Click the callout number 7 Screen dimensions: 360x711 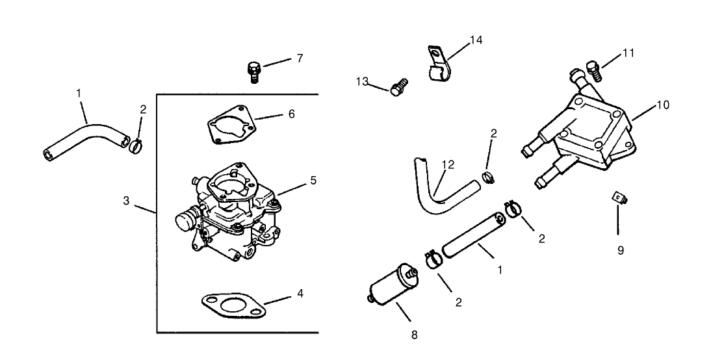click(300, 58)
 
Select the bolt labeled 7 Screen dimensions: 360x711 click(253, 70)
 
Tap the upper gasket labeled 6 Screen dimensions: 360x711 click(228, 125)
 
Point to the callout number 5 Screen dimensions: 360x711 click(313, 180)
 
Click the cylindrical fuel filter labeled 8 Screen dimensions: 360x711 click(391, 289)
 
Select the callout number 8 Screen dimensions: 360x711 click(414, 335)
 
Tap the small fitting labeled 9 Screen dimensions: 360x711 click(618, 198)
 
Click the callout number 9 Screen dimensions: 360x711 click(620, 250)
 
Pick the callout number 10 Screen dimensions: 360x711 click(663, 104)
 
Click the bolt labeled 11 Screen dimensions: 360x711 click(592, 67)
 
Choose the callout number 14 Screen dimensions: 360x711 click(476, 40)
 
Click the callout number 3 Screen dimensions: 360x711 click(127, 201)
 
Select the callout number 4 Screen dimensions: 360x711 click(300, 293)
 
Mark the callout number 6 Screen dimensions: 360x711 click(291, 114)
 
